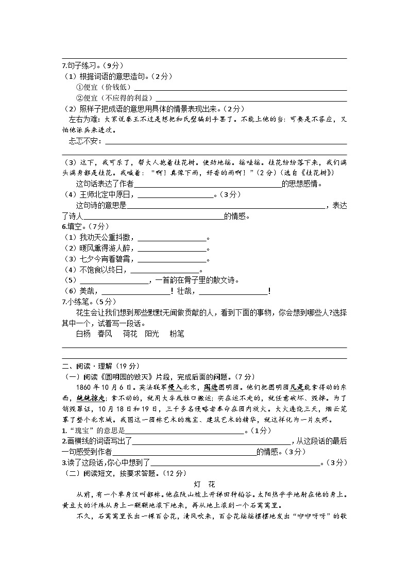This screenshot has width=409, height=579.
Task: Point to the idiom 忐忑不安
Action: [85, 141]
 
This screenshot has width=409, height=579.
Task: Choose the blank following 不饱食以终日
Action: [164, 270]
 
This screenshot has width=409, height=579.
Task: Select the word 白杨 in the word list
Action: [83, 334]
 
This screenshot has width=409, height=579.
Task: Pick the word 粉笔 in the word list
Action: [177, 334]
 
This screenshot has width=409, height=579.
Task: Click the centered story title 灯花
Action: [204, 485]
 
